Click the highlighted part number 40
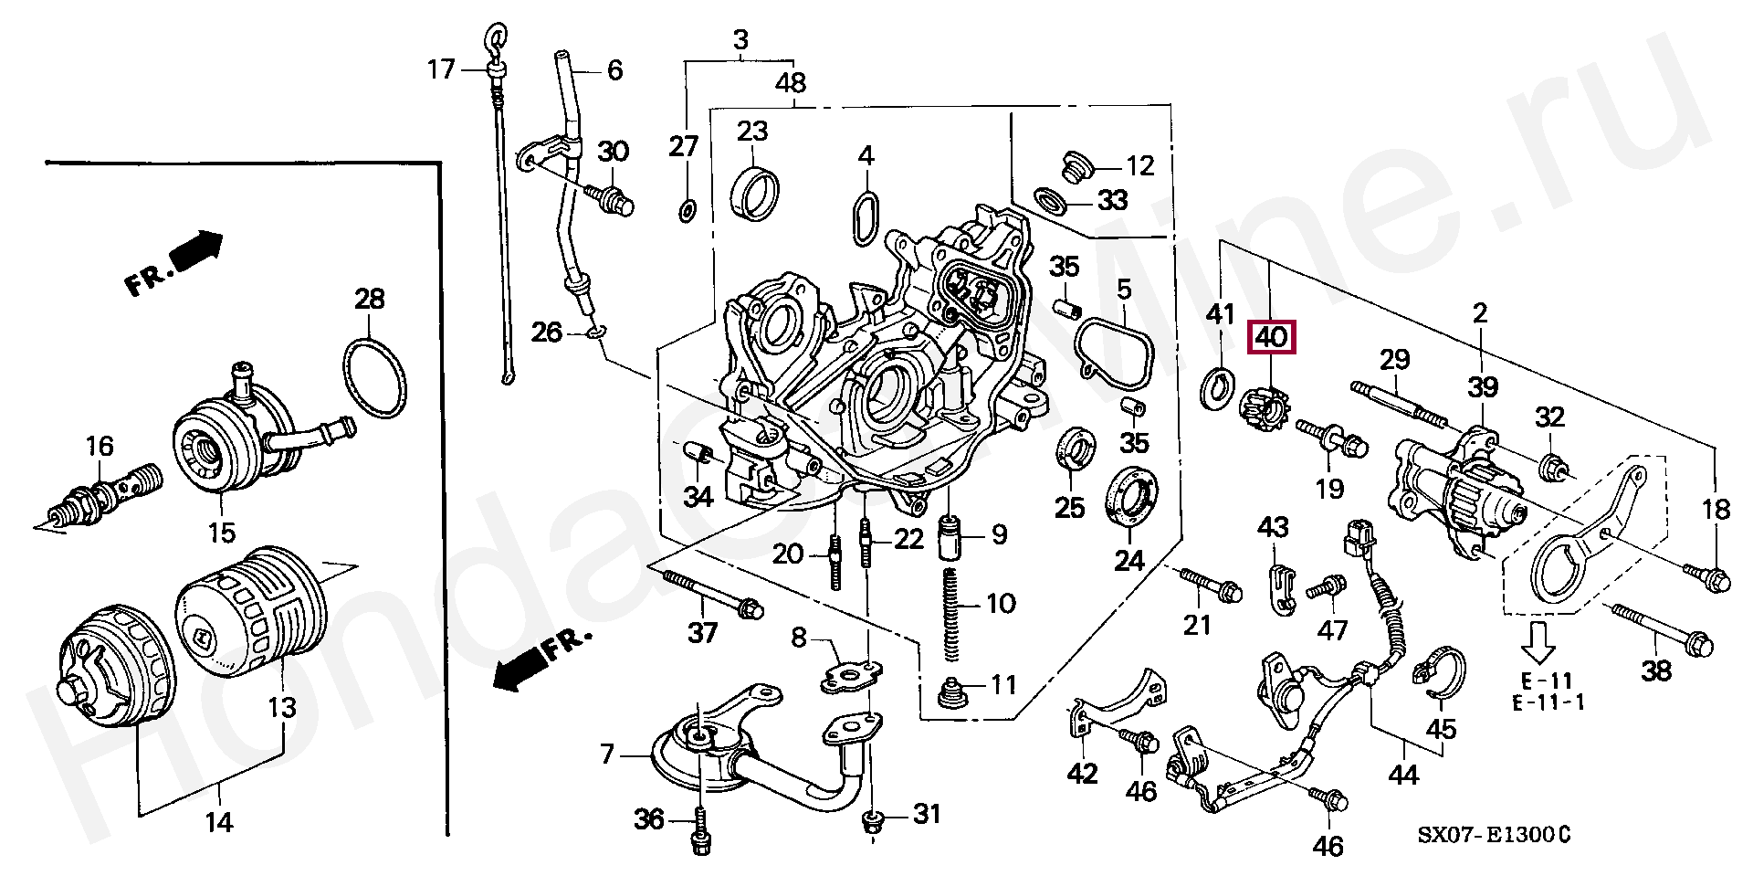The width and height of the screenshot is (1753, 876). click(x=1272, y=338)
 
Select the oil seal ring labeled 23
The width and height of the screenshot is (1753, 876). click(x=753, y=195)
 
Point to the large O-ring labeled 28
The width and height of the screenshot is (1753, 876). click(x=373, y=377)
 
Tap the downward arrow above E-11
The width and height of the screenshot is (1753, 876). click(x=1538, y=640)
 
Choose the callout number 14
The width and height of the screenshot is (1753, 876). click(x=218, y=822)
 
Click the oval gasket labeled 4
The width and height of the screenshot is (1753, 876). click(x=865, y=219)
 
